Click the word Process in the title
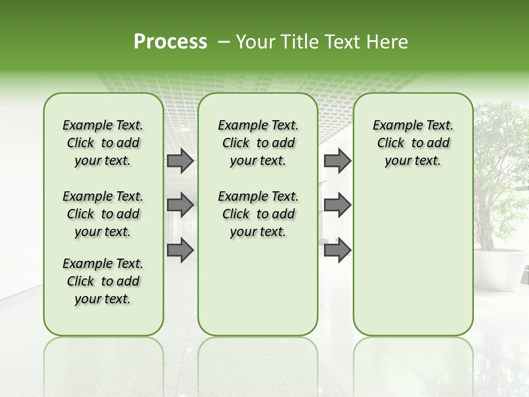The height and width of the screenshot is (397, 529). click(170, 42)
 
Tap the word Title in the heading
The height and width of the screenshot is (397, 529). click(298, 42)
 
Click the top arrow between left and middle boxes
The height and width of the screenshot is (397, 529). click(180, 160)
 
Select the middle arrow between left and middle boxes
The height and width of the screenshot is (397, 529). click(180, 205)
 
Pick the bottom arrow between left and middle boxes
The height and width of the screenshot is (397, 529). click(180, 250)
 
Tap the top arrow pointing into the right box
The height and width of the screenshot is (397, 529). click(337, 160)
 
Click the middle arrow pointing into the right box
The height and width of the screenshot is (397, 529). click(337, 205)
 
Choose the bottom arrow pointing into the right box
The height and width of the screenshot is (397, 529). click(337, 250)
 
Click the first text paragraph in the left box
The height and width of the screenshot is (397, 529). click(103, 143)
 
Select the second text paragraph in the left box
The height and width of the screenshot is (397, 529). click(103, 214)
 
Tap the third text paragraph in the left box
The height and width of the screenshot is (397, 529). click(103, 281)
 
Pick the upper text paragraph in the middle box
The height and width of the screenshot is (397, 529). click(258, 143)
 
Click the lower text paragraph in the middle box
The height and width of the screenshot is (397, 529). click(258, 214)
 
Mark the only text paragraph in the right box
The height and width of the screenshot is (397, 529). click(413, 143)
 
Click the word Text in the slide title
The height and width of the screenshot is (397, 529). click(341, 42)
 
